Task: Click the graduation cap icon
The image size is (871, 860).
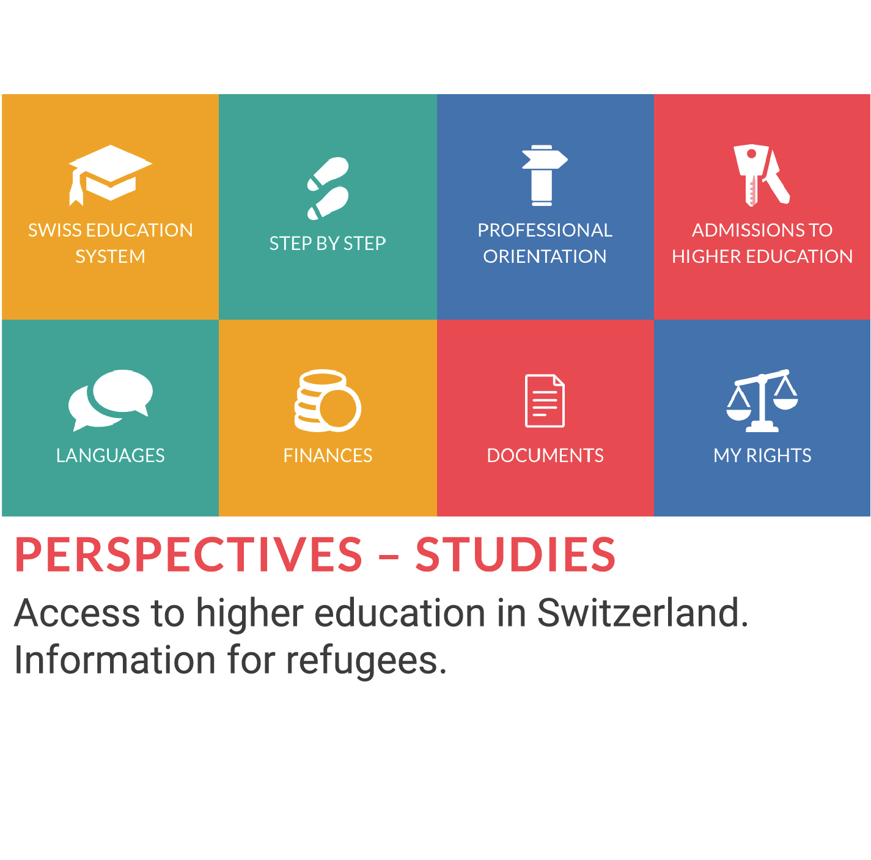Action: click(110, 174)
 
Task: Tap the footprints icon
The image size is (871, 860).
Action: click(328, 188)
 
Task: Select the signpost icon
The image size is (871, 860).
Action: click(545, 175)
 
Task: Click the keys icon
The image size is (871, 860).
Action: click(761, 175)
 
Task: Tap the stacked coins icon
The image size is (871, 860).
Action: click(328, 400)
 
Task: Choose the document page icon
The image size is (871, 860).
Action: click(545, 400)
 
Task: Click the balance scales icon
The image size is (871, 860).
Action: click(762, 400)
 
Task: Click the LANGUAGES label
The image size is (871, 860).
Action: click(110, 455)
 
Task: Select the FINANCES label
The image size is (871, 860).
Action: click(328, 455)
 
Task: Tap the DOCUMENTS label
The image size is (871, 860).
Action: click(545, 455)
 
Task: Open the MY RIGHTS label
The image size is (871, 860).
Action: click(762, 455)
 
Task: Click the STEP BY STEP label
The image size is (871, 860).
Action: click(328, 243)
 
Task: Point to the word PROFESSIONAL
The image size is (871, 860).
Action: click(545, 230)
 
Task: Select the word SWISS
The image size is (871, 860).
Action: click(54, 230)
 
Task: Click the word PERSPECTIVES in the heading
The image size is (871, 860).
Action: click(188, 554)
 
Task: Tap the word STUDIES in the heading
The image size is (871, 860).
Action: click(515, 554)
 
